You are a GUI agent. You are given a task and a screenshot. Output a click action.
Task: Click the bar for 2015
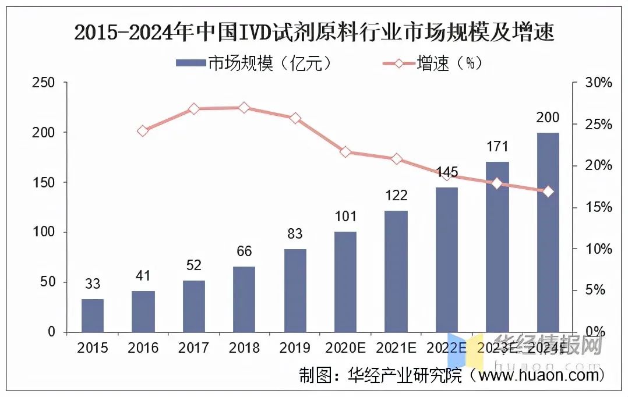93,315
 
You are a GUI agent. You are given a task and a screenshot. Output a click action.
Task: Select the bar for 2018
244,299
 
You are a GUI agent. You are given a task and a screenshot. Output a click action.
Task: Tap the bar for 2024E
548,232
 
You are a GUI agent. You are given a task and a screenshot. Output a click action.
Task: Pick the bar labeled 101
345,282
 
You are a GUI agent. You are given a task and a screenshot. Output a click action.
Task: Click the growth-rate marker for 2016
143,131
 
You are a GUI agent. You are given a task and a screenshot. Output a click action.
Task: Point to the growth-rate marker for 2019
295,118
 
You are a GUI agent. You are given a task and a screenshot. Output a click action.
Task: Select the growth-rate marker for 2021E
396,159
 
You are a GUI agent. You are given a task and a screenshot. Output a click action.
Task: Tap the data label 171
497,146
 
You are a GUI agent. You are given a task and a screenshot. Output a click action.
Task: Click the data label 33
93,284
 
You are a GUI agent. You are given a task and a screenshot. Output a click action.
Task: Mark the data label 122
396,195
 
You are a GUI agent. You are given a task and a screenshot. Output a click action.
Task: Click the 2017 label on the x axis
193,349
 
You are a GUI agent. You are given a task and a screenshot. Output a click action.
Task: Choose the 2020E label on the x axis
345,349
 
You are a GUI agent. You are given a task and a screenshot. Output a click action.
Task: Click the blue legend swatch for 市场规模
191,62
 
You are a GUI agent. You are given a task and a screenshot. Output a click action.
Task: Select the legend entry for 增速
432,62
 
